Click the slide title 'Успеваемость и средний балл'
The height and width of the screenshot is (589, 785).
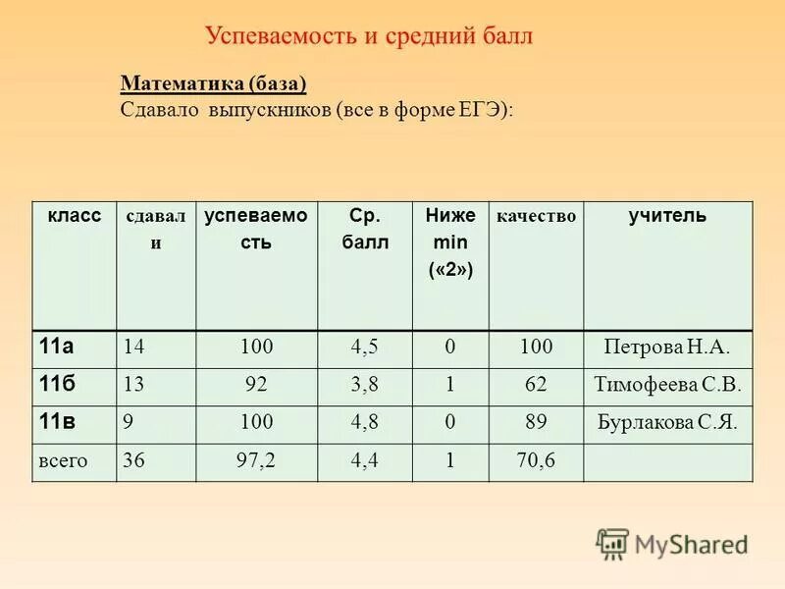369,36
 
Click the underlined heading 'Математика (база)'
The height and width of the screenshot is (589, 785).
213,84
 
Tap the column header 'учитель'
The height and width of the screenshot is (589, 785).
667,216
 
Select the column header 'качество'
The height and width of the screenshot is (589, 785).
537,216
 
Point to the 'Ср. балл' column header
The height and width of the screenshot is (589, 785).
364,229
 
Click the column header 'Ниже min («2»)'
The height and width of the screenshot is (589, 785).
450,241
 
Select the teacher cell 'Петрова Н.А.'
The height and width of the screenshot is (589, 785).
667,347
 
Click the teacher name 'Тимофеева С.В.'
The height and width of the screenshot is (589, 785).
667,385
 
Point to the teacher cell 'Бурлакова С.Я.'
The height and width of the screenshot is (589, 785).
667,423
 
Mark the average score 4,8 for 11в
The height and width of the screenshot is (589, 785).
364,423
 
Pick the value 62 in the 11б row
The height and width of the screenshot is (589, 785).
536,385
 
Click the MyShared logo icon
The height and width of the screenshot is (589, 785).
612,544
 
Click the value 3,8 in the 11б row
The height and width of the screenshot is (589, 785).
364,385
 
